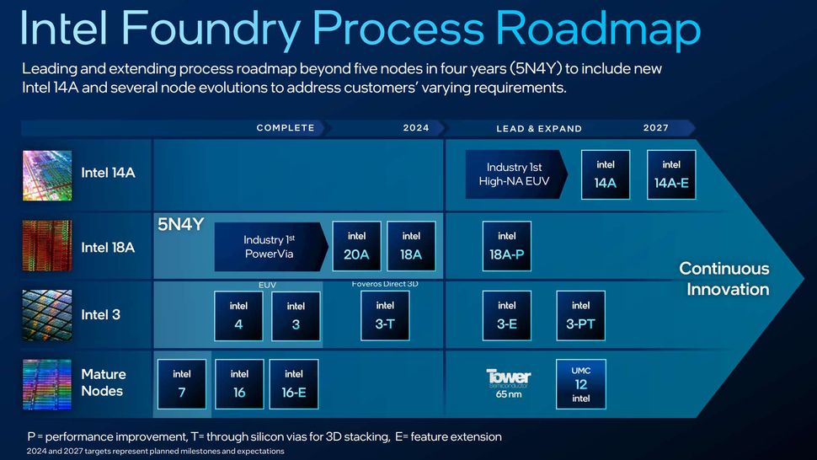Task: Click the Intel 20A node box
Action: point(357,246)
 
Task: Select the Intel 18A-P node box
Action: point(507,246)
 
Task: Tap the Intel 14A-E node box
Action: point(671,174)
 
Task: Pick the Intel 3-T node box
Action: point(385,316)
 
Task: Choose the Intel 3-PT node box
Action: point(580,316)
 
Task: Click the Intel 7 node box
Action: point(182,384)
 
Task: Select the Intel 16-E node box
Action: point(294,384)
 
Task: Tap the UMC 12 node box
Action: point(581,384)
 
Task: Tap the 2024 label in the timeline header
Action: point(416,128)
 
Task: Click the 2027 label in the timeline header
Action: point(656,128)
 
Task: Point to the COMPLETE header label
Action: point(286,128)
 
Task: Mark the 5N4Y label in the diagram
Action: point(180,225)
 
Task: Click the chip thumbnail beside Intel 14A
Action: point(46,174)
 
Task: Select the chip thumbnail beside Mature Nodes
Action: point(46,383)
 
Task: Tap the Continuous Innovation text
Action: point(724,279)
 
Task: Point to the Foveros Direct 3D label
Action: point(385,284)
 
